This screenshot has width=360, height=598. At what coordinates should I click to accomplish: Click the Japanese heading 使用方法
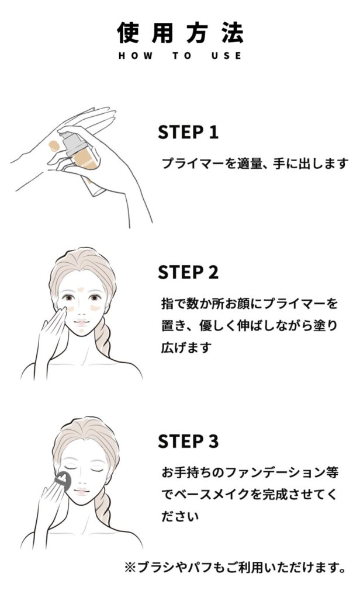tap(180, 33)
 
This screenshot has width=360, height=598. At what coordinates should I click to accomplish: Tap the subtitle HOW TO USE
tap(180, 55)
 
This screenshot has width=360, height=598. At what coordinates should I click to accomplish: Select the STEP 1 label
tap(188, 132)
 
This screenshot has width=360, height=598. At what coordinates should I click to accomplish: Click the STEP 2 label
tap(188, 272)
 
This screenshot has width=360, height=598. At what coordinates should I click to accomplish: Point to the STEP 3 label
tap(188, 441)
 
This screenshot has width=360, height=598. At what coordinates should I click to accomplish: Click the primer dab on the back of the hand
tap(54, 146)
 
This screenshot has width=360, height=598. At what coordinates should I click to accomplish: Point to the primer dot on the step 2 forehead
tap(81, 290)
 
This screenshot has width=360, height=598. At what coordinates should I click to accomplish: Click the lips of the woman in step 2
tap(81, 322)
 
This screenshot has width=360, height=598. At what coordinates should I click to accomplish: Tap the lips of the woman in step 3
tap(81, 492)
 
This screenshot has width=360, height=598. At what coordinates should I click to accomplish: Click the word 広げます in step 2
tap(186, 347)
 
